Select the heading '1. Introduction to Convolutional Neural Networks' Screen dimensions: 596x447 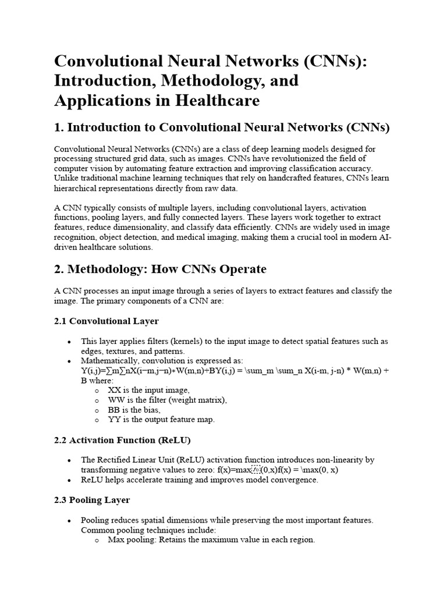point(222,127)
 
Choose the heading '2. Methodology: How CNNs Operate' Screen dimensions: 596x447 point(160,269)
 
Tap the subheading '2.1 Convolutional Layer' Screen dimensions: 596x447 point(106,321)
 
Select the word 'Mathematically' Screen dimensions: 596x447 point(109,361)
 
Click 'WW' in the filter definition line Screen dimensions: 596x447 point(115,400)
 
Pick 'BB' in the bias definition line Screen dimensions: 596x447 point(114,410)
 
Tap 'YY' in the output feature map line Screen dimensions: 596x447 point(115,420)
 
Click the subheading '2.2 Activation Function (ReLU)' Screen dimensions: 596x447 point(122,439)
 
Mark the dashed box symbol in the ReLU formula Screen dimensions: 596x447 point(256,470)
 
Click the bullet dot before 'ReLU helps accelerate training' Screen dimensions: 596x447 point(70,480)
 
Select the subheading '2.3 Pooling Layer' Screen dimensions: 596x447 point(92,500)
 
